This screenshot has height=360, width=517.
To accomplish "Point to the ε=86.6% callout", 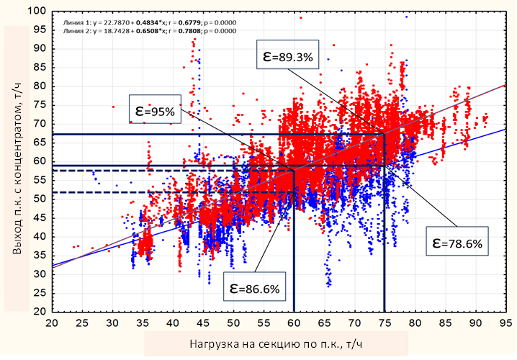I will click(x=254, y=288).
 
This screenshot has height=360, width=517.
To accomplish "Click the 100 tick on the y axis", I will click(x=37, y=12).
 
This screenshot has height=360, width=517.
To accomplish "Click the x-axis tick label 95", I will click(x=504, y=323).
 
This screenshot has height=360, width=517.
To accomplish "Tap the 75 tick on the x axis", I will click(x=384, y=323).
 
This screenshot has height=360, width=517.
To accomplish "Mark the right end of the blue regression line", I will click(x=503, y=130).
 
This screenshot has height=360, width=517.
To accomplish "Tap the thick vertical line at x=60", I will click(x=294, y=245).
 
